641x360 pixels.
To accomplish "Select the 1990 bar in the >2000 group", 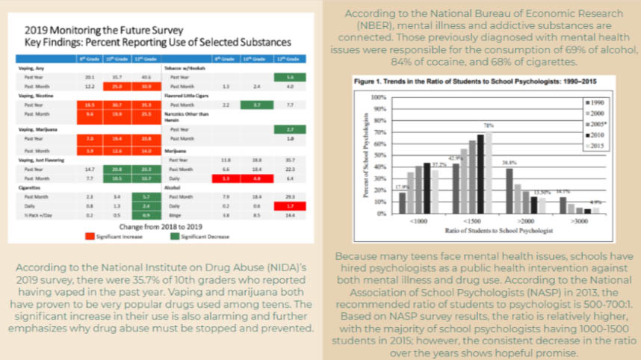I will pos(510,190).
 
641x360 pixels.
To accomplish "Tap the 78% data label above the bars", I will pos(489,125).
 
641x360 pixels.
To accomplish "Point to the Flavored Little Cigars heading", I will pos(192,96).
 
